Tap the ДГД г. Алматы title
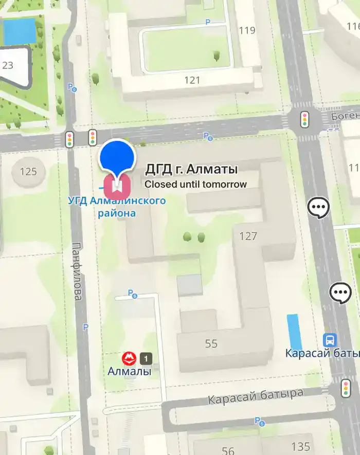[x=191, y=169]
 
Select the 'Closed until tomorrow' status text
[x=195, y=184]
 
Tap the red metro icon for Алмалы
[x=129, y=358]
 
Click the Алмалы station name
[x=130, y=371]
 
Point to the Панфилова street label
[x=77, y=271]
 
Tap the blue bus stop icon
[x=329, y=340]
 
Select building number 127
[x=248, y=236]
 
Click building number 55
[x=211, y=343]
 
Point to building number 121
[x=192, y=80]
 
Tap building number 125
[x=28, y=171]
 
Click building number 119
[x=247, y=30]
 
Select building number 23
[x=8, y=65]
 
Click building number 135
[x=300, y=446]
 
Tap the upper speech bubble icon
[x=318, y=208]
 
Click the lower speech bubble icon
[x=340, y=293]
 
